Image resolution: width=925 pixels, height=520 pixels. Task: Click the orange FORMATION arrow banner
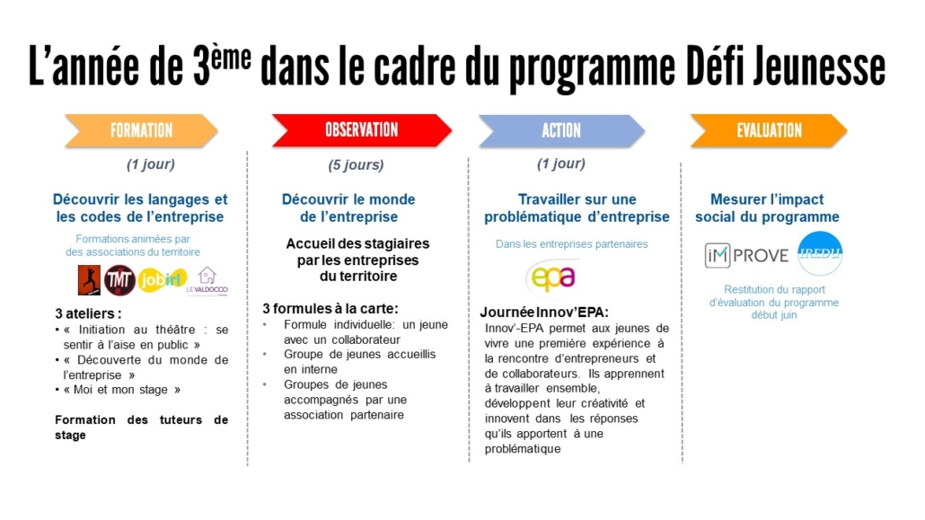coord(141,131)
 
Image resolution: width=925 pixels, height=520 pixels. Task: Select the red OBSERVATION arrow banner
coord(361,130)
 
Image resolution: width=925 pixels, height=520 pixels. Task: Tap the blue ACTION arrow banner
coord(561,131)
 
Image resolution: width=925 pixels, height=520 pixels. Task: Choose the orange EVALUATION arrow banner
coord(768,131)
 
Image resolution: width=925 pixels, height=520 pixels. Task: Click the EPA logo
coord(551,277)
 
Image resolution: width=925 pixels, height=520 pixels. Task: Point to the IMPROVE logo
coord(746,255)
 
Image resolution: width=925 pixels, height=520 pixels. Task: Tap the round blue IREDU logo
coord(819,254)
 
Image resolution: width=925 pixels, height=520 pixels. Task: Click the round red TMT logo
coord(119,280)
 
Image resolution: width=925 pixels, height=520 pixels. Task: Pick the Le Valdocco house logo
coord(207,280)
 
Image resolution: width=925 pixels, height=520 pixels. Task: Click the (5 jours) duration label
coord(356,165)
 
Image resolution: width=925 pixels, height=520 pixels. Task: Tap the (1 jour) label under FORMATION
coord(151,164)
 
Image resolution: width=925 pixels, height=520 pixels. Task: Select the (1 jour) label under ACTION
coord(560,163)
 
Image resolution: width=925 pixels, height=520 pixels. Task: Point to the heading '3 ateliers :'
coord(88,314)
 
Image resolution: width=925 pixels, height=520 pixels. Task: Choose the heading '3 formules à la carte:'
coord(330,307)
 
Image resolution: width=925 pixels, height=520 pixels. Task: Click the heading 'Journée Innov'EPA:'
coord(544,313)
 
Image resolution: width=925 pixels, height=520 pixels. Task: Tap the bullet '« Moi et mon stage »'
coord(121,390)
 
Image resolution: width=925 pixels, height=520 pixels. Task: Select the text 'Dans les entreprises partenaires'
coord(571,244)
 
